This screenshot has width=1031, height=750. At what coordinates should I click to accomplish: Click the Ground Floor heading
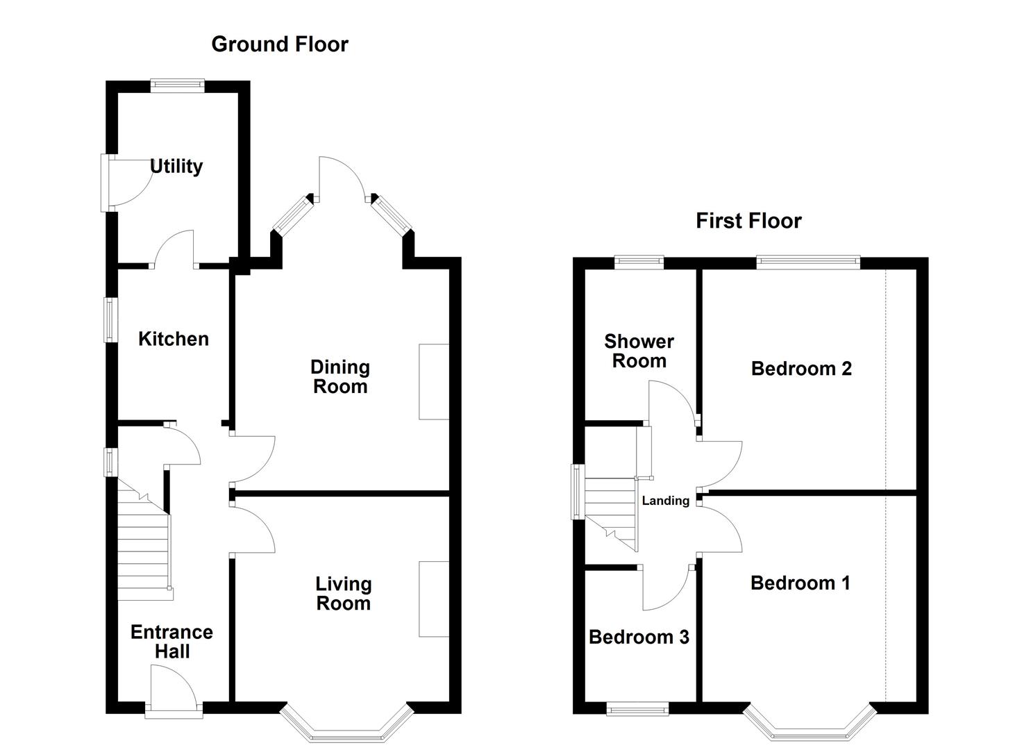pos(279,44)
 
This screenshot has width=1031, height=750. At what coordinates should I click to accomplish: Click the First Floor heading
pos(748,221)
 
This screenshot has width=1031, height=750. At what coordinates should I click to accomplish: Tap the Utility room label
pos(176,167)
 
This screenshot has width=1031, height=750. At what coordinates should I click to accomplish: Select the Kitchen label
pos(174,339)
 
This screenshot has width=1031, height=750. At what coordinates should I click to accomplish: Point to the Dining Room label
pos(340,376)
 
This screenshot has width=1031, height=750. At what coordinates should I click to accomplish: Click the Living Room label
pos(343,594)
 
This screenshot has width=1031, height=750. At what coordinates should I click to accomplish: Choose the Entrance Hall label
pos(171,642)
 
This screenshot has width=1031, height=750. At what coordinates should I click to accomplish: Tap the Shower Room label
pos(639,351)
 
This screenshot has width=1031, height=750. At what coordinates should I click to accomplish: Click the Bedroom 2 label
pos(801,369)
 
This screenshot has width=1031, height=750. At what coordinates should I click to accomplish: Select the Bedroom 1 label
pos(800,583)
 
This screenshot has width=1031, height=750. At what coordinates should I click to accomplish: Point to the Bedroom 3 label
pos(639,637)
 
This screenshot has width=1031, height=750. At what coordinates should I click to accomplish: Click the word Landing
pos(665,501)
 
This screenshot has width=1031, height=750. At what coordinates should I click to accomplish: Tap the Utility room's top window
pos(178,85)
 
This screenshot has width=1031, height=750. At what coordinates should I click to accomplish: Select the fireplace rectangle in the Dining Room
pos(434,381)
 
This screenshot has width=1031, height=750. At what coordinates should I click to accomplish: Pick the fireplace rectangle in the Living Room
pos(434,599)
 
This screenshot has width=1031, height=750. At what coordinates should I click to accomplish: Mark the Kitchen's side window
pos(110,319)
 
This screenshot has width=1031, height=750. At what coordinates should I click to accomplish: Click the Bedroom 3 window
pos(637,708)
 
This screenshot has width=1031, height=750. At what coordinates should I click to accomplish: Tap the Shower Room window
pos(639,262)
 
